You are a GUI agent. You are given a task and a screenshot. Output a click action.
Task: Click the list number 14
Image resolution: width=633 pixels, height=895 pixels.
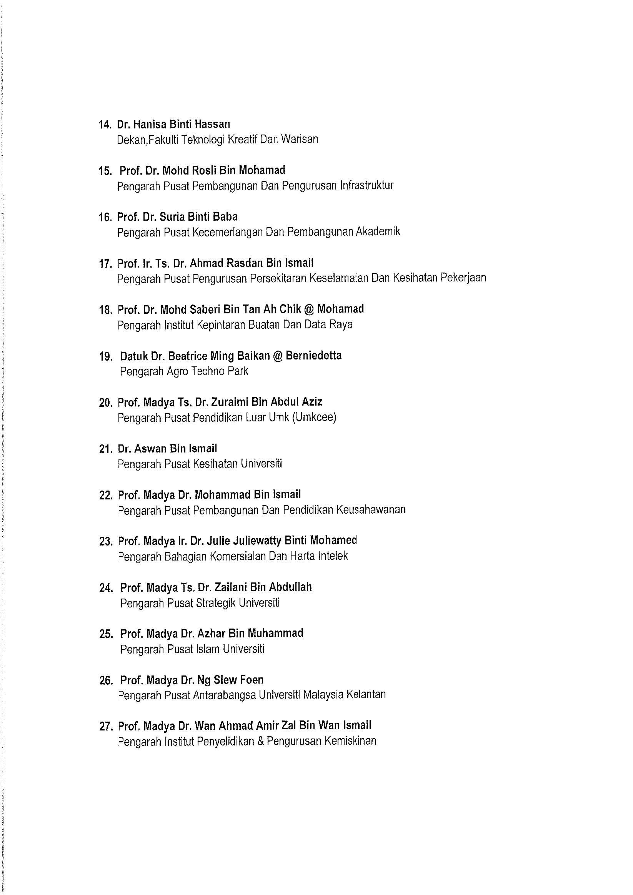pos(105,125)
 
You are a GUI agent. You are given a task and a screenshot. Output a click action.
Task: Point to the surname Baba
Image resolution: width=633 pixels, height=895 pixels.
pos(225,217)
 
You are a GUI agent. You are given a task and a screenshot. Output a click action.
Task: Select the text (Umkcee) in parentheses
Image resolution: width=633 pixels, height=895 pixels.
pos(315,418)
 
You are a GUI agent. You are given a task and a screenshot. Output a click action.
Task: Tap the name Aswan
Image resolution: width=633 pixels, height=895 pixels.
pos(150,449)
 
